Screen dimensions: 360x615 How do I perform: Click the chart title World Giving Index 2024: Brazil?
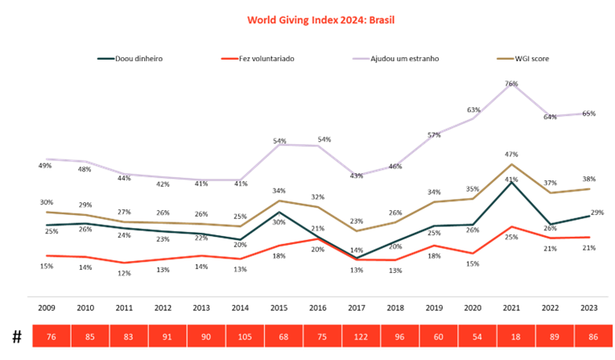(x=320, y=20)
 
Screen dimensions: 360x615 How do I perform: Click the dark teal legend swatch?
(x=105, y=59)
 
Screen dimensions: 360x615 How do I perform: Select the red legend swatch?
(x=230, y=59)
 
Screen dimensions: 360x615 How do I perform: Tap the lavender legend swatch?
(x=361, y=59)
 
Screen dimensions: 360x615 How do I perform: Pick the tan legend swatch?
(x=506, y=59)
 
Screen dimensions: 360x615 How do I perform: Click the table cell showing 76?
(x=52, y=337)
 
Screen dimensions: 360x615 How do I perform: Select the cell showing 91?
(x=168, y=337)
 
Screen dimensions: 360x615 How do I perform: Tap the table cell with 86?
(x=594, y=337)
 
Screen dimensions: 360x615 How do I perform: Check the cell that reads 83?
(x=129, y=337)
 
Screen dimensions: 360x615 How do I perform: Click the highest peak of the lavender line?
(x=511, y=83)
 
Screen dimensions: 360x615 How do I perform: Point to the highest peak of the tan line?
(x=512, y=164)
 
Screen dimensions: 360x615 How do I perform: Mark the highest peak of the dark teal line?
(x=512, y=183)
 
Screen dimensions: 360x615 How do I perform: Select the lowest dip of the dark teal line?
(x=357, y=258)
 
